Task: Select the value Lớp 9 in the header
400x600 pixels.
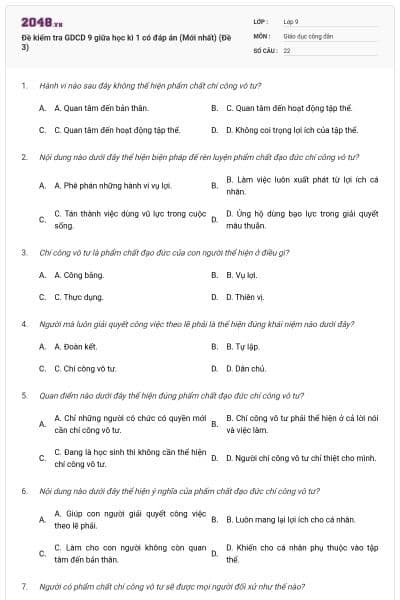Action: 291,20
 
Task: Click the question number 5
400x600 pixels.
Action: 23,395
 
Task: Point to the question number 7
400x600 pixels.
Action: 23,585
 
